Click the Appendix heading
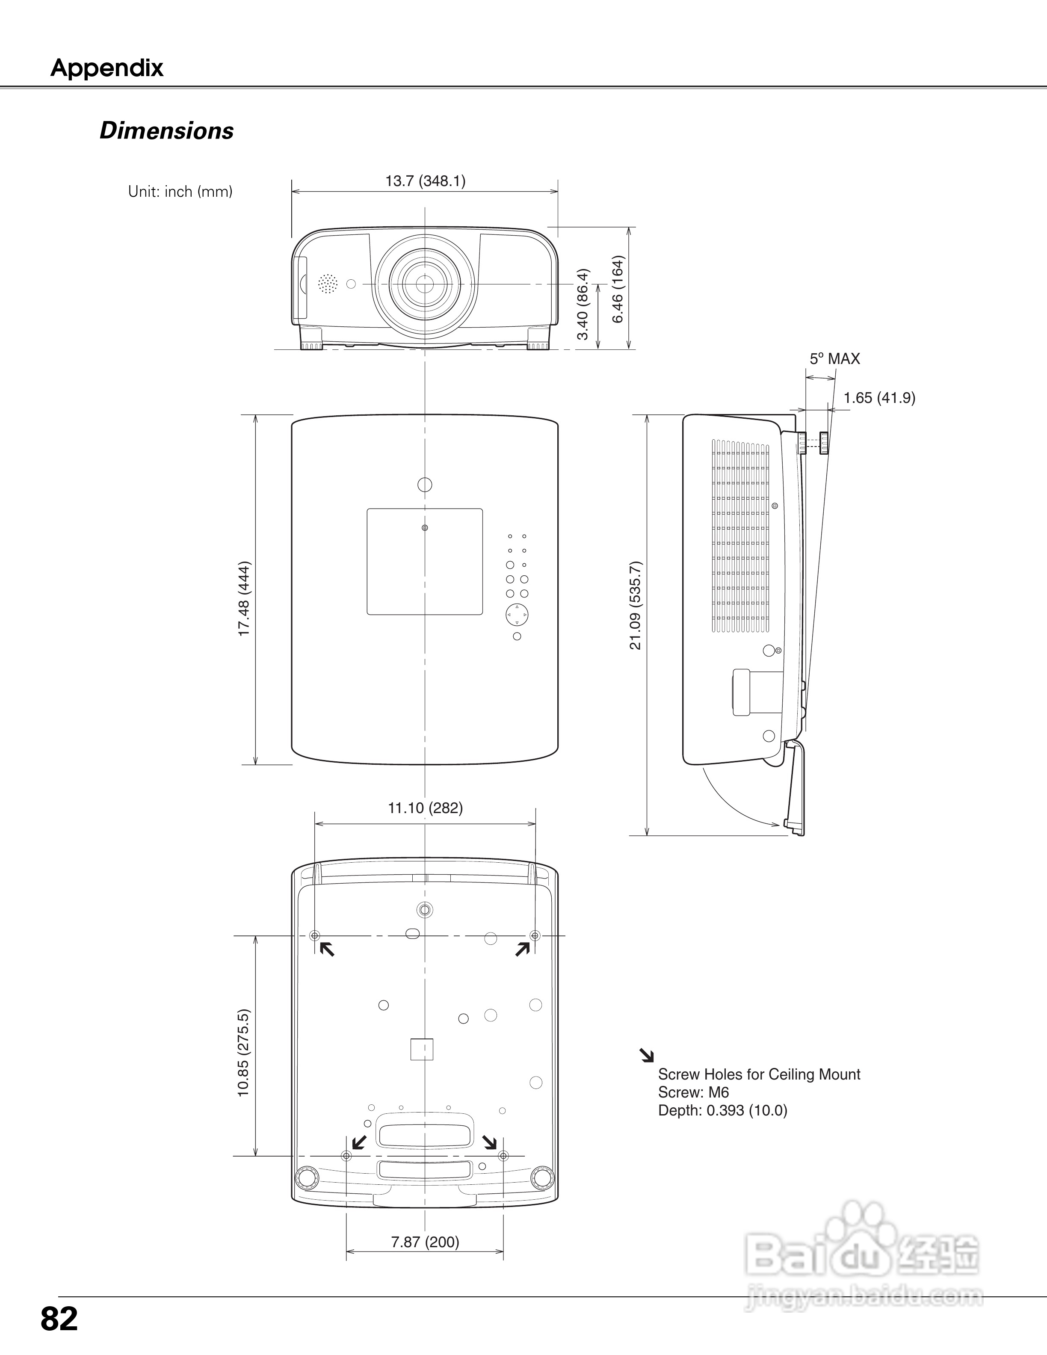pyautogui.click(x=106, y=68)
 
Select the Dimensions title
pyautogui.click(x=167, y=131)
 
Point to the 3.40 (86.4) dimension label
pyautogui.click(x=583, y=304)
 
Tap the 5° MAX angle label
pyautogui.click(x=834, y=358)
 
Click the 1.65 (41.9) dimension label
pyautogui.click(x=879, y=398)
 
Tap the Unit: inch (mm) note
pyautogui.click(x=180, y=192)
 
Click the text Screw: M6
pyautogui.click(x=693, y=1092)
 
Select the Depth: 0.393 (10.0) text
pyautogui.click(x=723, y=1110)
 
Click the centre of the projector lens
pyautogui.click(x=425, y=284)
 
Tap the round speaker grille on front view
pyautogui.click(x=328, y=284)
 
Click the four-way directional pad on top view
pyautogui.click(x=517, y=615)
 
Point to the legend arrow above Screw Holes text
pyautogui.click(x=647, y=1055)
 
